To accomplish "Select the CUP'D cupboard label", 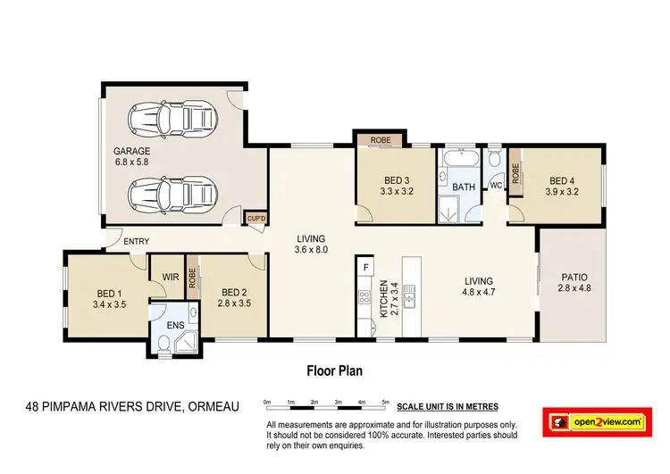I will click(256, 217).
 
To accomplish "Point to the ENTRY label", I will click(137, 242).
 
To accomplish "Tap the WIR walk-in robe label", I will click(170, 277).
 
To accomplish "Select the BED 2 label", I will click(233, 292).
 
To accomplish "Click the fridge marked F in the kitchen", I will click(365, 265).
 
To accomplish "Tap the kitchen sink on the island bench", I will click(408, 295).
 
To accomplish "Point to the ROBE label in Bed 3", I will click(381, 139).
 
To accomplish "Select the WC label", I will click(494, 185).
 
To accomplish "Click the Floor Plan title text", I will click(334, 370).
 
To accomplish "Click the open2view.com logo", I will click(600, 420).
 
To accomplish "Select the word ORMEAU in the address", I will click(215, 408).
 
